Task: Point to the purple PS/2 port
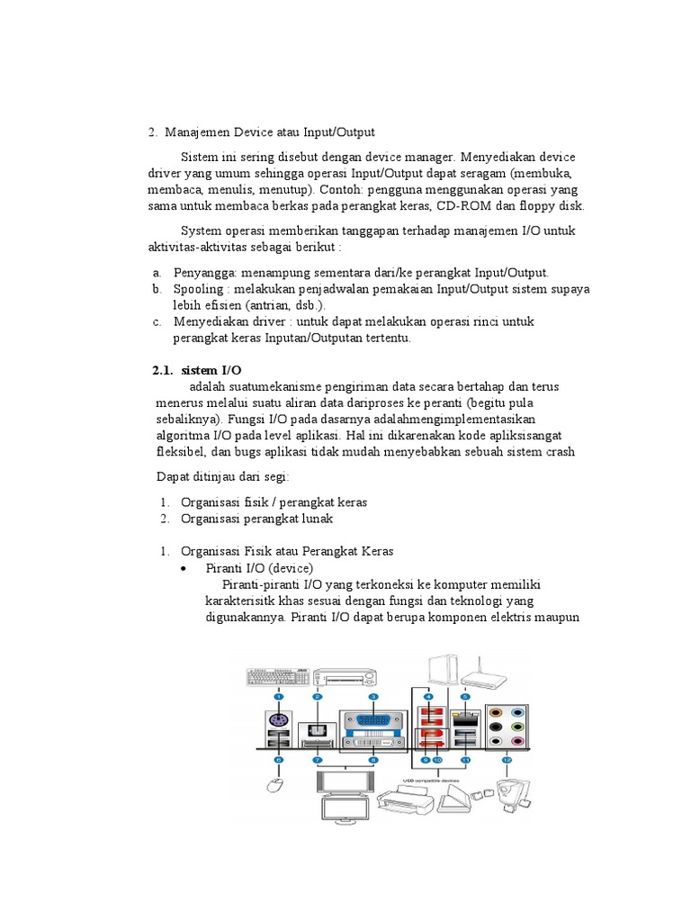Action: pyautogui.click(x=279, y=720)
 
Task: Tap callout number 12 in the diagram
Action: pyautogui.click(x=507, y=761)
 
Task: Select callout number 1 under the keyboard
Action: pyautogui.click(x=279, y=697)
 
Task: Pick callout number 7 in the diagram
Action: pyautogui.click(x=318, y=761)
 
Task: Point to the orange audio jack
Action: pyautogui.click(x=495, y=707)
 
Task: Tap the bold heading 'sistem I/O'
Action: pyautogui.click(x=211, y=371)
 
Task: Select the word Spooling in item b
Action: pyautogui.click(x=196, y=289)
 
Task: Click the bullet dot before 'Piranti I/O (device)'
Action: pyautogui.click(x=184, y=569)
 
